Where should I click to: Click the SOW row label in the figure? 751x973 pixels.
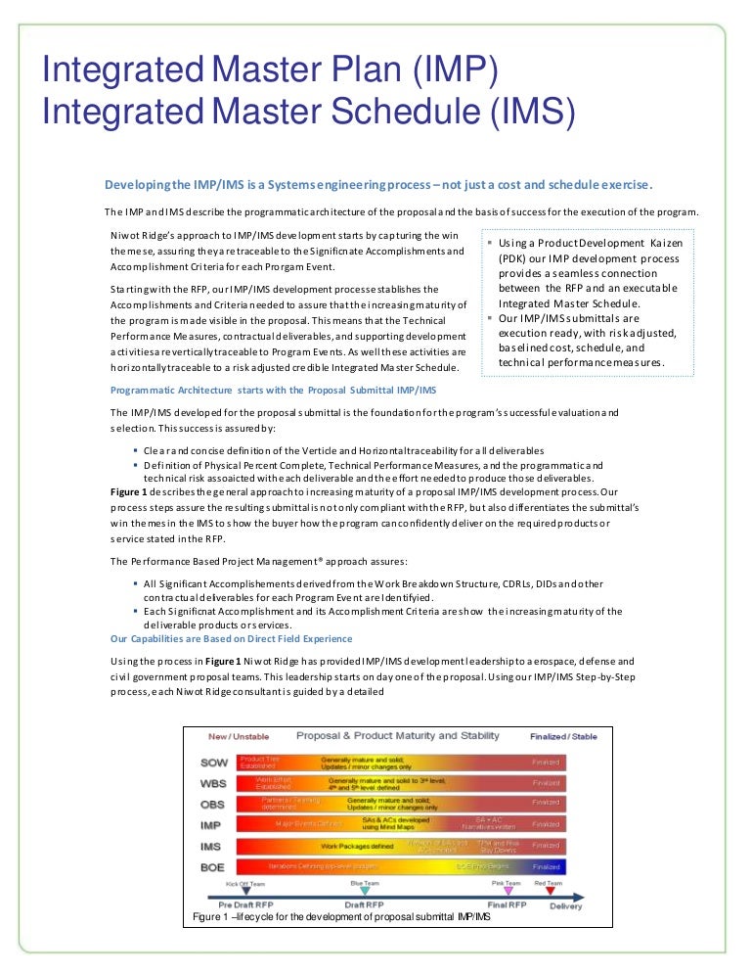(x=213, y=762)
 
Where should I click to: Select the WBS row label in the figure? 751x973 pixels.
(x=213, y=783)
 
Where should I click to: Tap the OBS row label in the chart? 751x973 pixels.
(x=213, y=804)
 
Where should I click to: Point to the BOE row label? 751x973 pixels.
(x=213, y=866)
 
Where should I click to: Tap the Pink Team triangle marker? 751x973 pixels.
(x=507, y=891)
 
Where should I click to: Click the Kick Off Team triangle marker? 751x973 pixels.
(x=244, y=892)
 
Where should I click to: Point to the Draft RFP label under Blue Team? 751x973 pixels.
(x=364, y=904)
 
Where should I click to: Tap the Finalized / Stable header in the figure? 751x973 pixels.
(x=562, y=736)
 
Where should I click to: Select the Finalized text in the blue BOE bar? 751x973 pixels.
(x=547, y=866)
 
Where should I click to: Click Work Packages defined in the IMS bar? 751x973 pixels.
(x=357, y=845)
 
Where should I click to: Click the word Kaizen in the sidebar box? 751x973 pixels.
(x=667, y=241)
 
